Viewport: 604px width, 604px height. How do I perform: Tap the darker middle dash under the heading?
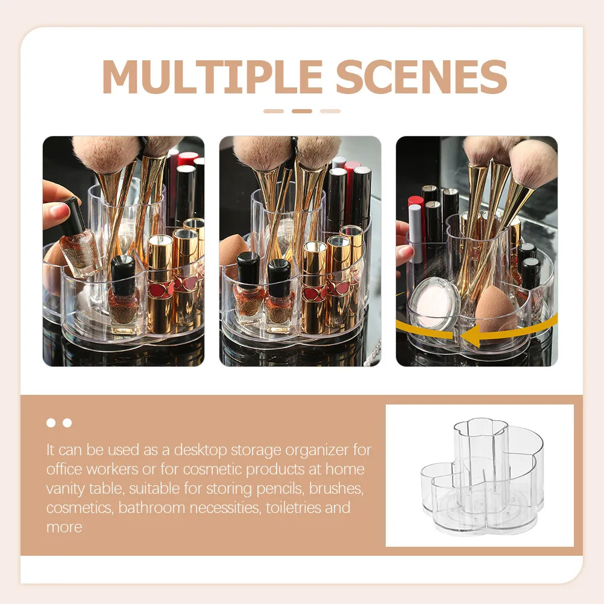(301, 112)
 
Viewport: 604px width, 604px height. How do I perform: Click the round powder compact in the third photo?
(434, 303)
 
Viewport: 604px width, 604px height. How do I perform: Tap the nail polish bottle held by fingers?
(78, 238)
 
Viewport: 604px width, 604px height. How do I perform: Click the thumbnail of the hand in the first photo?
(58, 210)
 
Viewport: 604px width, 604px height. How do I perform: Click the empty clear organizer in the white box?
(482, 476)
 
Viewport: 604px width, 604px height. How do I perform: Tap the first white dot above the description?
(51, 423)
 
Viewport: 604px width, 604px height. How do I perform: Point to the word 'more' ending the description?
(64, 527)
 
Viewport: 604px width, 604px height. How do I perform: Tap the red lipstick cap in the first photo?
(187, 159)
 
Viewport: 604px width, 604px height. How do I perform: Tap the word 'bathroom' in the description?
(151, 508)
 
